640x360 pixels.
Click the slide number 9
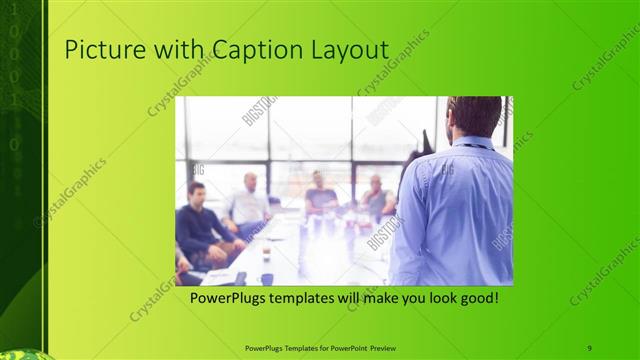tap(590, 347)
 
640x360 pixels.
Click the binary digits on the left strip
tap(14, 80)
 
